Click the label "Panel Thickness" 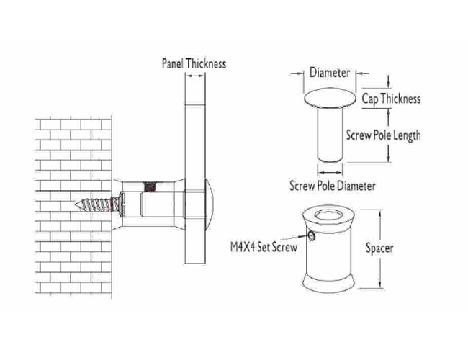[x=194, y=63]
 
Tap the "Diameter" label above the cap [x=330, y=73]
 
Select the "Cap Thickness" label [x=391, y=99]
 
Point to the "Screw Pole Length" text [x=383, y=135]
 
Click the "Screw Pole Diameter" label [x=332, y=186]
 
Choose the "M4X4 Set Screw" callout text [x=264, y=247]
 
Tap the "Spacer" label [x=379, y=248]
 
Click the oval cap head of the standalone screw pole [x=330, y=98]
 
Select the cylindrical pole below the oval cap [x=330, y=135]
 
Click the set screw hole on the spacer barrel [x=311, y=236]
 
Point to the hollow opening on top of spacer [x=328, y=215]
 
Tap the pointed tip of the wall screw [x=76, y=204]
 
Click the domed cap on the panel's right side [x=210, y=204]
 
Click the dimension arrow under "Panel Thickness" [x=195, y=76]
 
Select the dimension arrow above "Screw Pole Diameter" [x=330, y=172]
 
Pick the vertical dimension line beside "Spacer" [x=381, y=249]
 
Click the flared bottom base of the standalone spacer [x=328, y=283]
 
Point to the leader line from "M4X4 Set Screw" [x=294, y=238]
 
